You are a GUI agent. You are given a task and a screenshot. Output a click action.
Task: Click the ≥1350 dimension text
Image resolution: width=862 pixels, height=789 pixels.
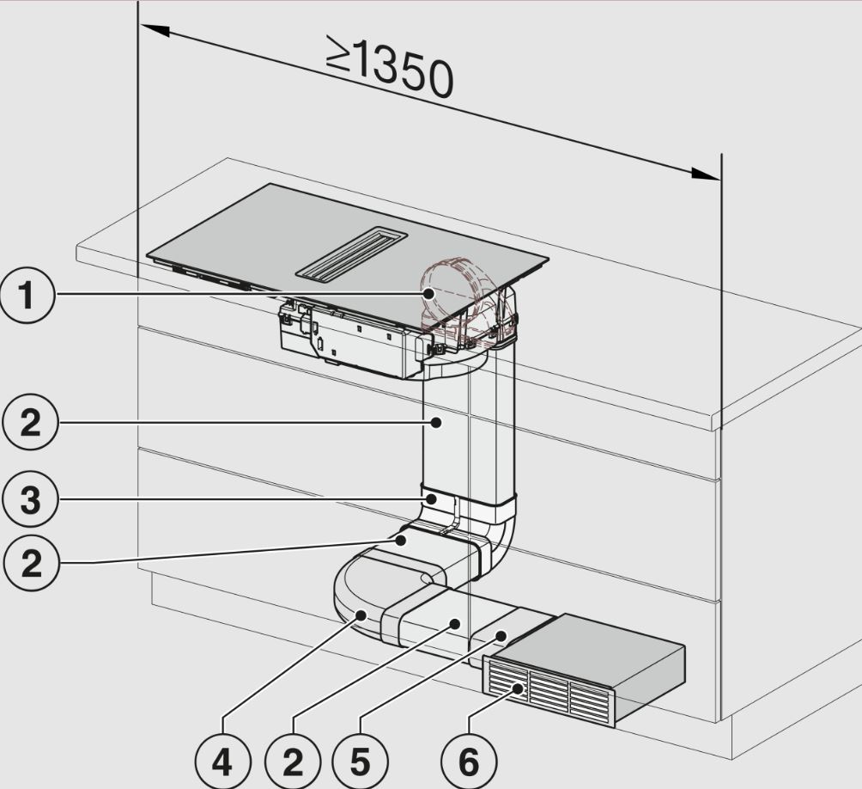(x=390, y=66)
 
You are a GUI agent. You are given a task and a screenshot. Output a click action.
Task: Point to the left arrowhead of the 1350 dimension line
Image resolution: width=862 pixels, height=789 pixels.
(x=155, y=30)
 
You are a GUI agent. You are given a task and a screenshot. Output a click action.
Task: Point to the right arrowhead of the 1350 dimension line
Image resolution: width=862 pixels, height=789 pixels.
(x=705, y=174)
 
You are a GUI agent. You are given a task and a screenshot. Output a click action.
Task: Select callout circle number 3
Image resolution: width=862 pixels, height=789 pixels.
(x=30, y=499)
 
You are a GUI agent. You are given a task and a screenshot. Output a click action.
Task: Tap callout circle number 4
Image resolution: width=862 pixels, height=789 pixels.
(x=222, y=762)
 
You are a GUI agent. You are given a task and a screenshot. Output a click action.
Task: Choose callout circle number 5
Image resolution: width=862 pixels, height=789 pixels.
(x=360, y=762)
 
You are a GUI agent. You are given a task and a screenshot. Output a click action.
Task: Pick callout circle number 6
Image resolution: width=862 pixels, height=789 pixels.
(x=469, y=762)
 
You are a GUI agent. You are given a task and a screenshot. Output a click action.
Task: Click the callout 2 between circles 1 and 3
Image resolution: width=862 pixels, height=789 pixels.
(x=30, y=423)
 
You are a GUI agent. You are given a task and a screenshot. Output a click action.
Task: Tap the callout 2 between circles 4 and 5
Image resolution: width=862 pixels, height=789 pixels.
(x=293, y=762)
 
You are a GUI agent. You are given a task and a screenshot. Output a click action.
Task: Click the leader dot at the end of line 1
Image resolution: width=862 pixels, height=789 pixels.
(x=428, y=294)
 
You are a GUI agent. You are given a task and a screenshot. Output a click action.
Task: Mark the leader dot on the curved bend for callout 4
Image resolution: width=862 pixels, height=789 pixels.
(x=361, y=615)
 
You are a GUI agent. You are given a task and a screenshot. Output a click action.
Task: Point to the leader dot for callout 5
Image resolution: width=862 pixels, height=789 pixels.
(x=501, y=635)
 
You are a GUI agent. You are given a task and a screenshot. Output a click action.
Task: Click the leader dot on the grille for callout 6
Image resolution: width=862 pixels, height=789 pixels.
(x=518, y=688)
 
